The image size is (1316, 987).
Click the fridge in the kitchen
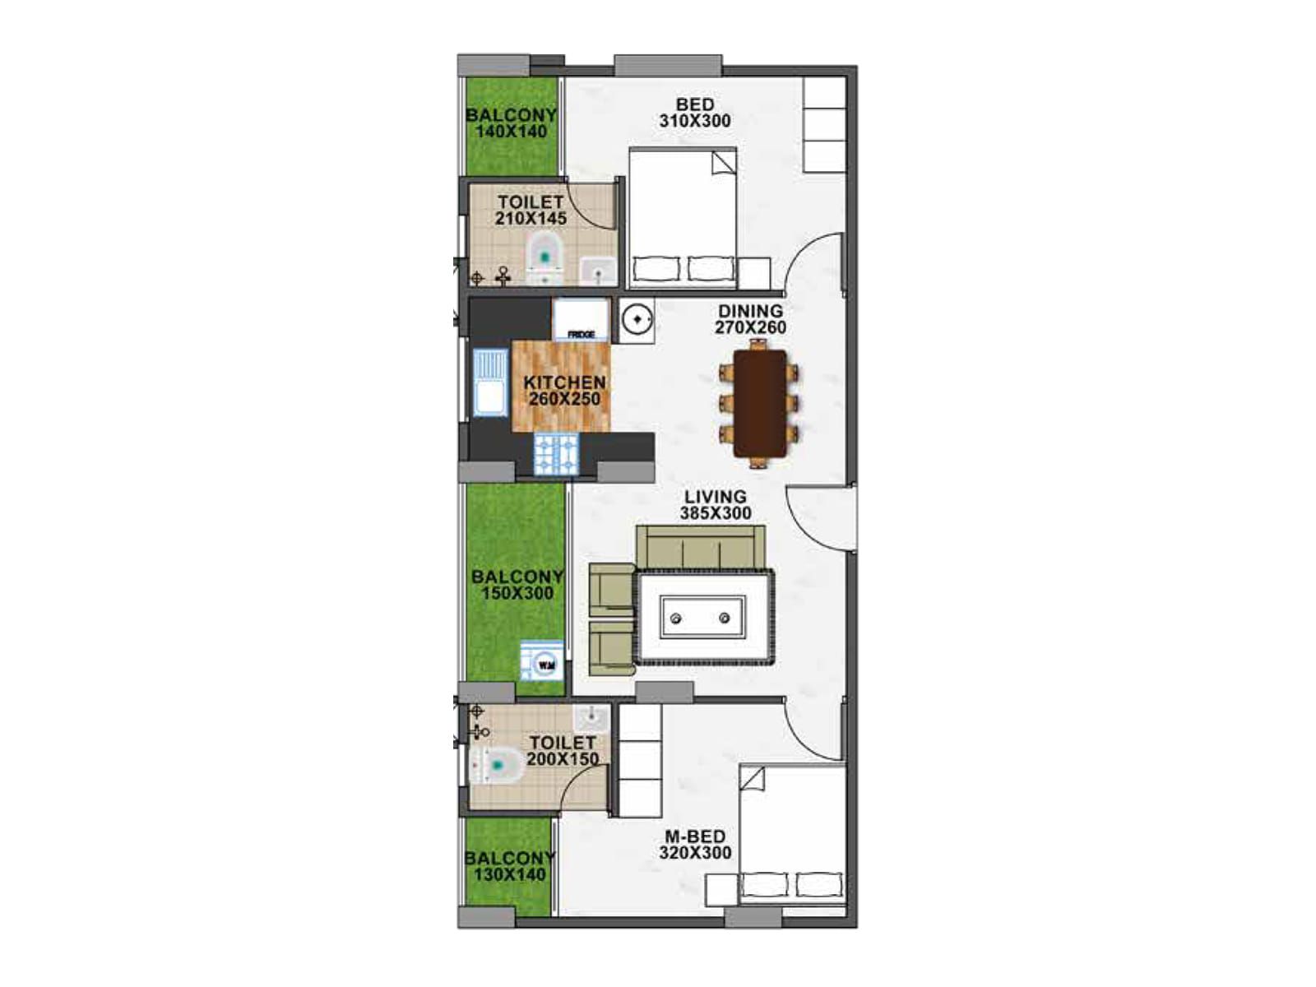pyautogui.click(x=580, y=320)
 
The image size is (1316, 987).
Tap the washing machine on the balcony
pyautogui.click(x=542, y=661)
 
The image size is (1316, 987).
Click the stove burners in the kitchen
pyautogui.click(x=556, y=454)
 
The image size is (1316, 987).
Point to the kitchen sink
pyautogui.click(x=491, y=382)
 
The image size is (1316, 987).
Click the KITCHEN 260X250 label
pyautogui.click(x=564, y=390)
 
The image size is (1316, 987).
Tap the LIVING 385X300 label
pyautogui.click(x=716, y=504)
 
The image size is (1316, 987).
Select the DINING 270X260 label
pyautogui.click(x=750, y=319)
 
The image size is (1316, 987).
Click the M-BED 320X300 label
pyautogui.click(x=695, y=844)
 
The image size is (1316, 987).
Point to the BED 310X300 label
pyautogui.click(x=695, y=112)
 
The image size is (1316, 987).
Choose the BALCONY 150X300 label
pyautogui.click(x=517, y=584)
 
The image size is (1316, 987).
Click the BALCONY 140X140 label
pyautogui.click(x=512, y=123)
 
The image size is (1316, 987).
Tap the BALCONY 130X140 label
pyautogui.click(x=510, y=865)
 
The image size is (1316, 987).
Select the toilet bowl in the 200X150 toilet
pyautogui.click(x=496, y=765)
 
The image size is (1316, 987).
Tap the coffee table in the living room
pyautogui.click(x=702, y=617)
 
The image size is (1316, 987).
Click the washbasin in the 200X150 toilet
pyautogui.click(x=591, y=717)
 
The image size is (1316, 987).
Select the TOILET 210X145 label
pyautogui.click(x=531, y=210)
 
